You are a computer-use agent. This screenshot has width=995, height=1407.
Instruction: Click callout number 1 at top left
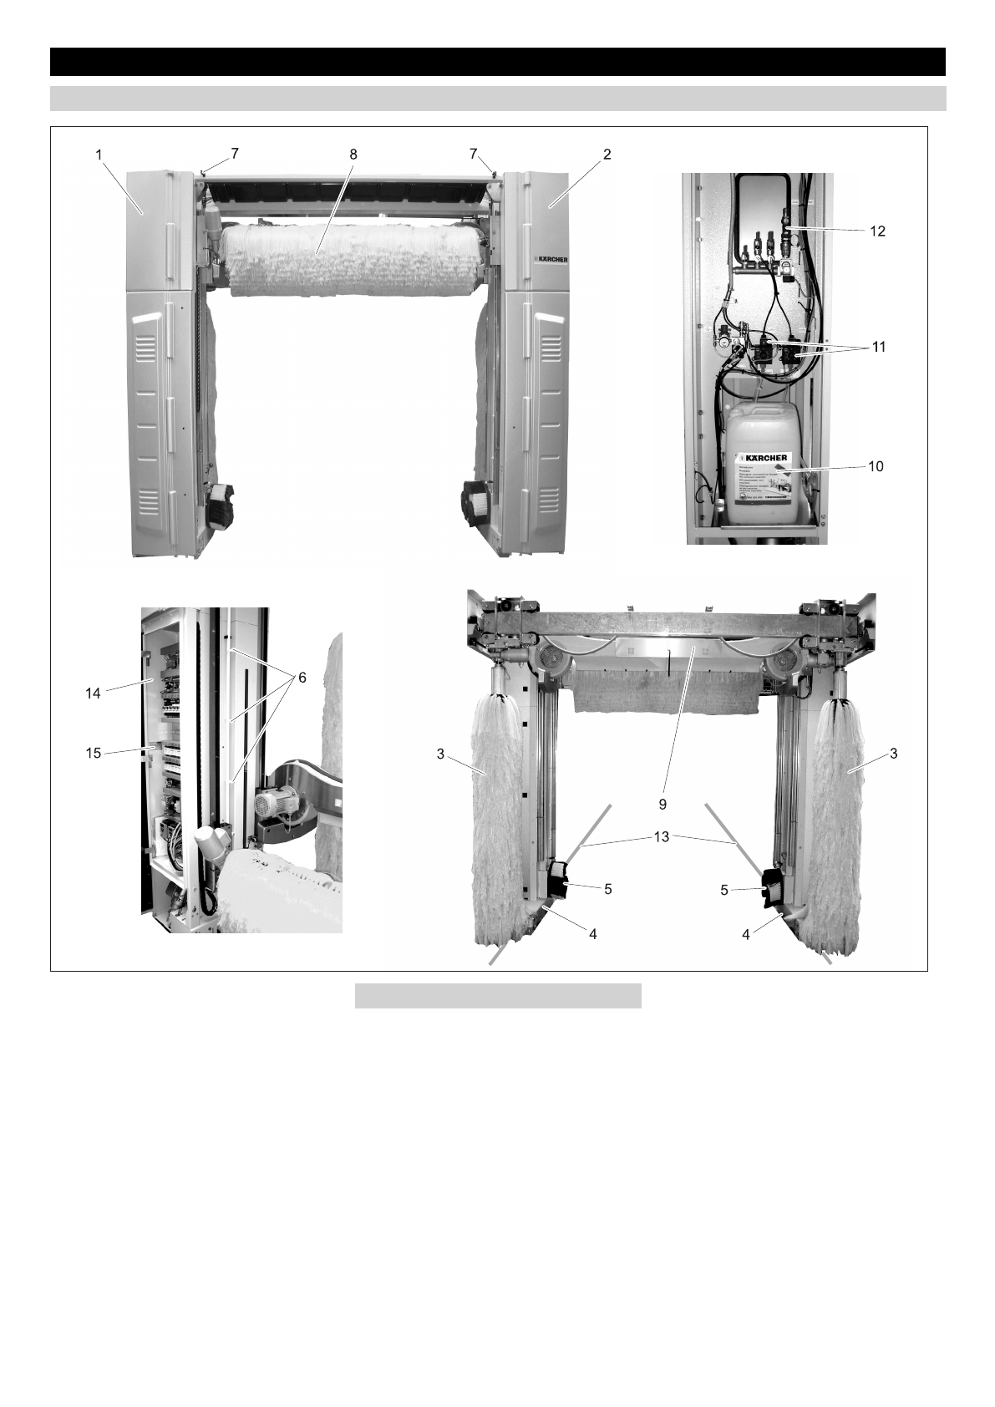click(99, 155)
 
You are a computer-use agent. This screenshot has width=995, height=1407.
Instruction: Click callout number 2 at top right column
click(607, 155)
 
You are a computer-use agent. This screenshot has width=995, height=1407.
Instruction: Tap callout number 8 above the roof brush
click(353, 155)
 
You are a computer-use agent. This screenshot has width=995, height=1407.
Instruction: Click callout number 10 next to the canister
click(876, 466)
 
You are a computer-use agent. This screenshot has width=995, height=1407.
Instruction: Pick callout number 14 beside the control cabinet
click(93, 693)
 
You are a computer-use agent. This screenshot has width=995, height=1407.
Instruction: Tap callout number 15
click(93, 753)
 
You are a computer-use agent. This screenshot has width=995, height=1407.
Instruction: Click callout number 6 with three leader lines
click(302, 678)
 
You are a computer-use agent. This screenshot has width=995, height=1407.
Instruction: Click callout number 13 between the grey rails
click(661, 836)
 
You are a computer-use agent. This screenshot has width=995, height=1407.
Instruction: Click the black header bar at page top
click(497, 62)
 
